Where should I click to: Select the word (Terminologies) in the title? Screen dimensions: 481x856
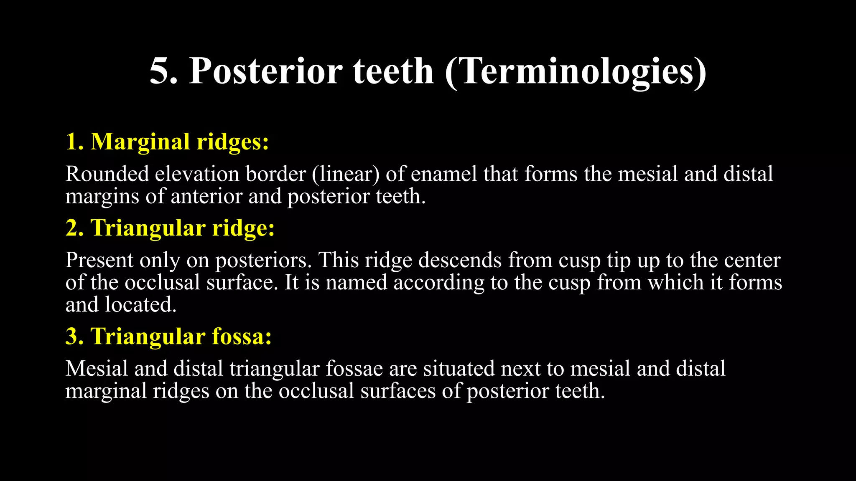pos(575,72)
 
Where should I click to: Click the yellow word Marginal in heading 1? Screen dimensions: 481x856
pos(140,142)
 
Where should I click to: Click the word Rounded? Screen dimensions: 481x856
pos(107,174)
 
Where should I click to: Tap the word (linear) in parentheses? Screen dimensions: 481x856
pos(345,174)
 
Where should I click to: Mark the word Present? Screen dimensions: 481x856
pos(99,260)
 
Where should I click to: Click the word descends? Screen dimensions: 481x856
pos(460,260)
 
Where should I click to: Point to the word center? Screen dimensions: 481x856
pos(752,260)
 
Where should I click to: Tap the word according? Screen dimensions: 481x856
pos(439,283)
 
